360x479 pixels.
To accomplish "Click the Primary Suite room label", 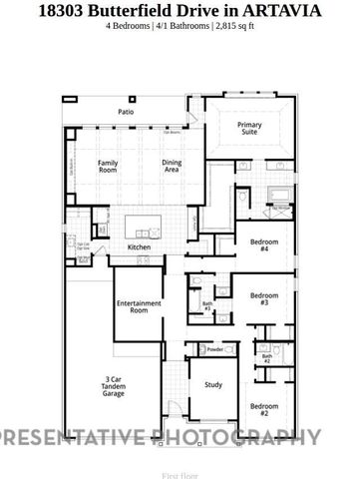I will coord(249,130).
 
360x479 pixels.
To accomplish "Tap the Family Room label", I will coord(108,167).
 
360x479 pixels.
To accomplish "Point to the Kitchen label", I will coord(139,246).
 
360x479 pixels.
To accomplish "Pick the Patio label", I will coord(127,113).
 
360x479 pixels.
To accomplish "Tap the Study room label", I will coord(213,384).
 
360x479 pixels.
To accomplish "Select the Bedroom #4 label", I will coord(263,245).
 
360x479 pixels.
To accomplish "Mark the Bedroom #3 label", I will coord(263,298).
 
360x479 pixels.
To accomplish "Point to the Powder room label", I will coord(214,349).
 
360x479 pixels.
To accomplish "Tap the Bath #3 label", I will coord(207,306).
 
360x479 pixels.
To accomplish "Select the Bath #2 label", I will coord(267,357).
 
